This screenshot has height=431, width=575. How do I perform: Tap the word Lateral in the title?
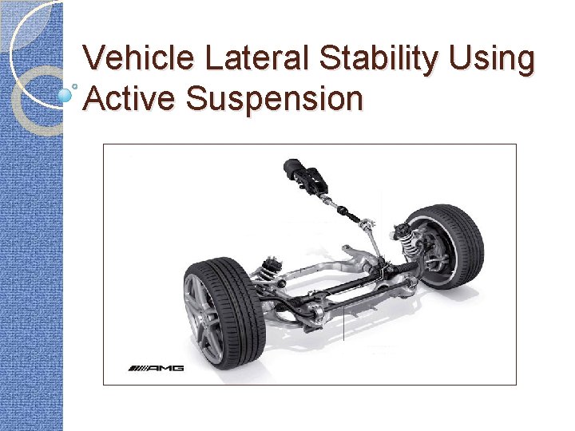[x=242, y=59]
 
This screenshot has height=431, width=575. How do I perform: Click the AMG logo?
[x=157, y=368]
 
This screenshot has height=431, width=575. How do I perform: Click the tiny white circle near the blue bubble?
[x=75, y=84]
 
